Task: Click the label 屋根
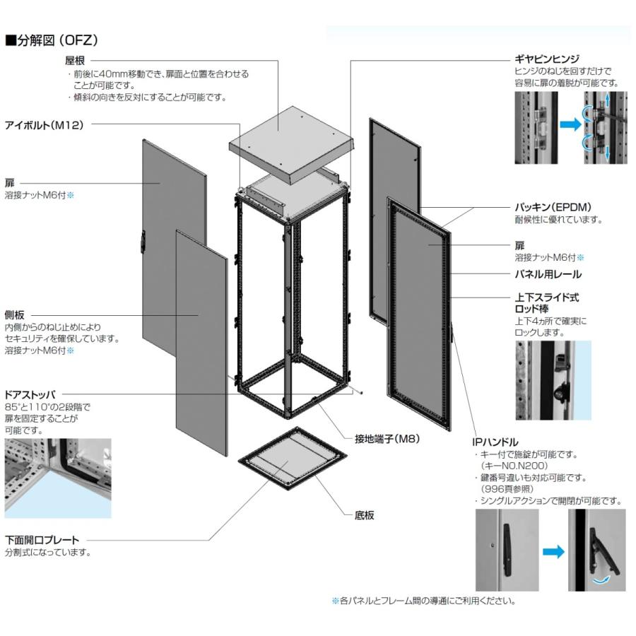click(x=75, y=61)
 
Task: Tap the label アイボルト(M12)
click(x=45, y=125)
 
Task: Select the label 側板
click(x=15, y=315)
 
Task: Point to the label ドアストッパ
click(x=30, y=394)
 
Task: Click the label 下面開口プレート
click(x=42, y=540)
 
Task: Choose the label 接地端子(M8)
click(x=387, y=438)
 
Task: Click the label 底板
click(x=364, y=515)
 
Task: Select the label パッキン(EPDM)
click(x=552, y=207)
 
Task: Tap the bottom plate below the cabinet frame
click(x=290, y=466)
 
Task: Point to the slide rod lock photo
click(x=553, y=379)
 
